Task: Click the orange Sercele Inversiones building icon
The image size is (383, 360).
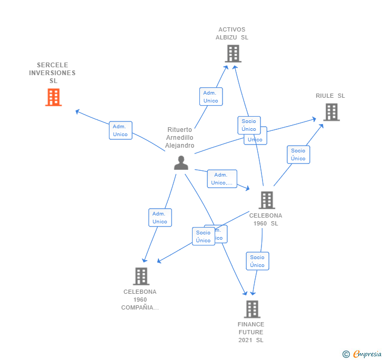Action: point(53,97)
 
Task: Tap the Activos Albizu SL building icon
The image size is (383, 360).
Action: point(233,54)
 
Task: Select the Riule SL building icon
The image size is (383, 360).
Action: point(331,112)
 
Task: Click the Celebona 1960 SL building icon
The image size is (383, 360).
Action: point(267,200)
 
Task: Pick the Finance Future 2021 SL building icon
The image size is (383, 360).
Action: point(252,309)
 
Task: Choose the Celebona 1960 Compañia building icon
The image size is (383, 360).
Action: point(141,276)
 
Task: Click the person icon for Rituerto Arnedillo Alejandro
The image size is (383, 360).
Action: point(181,163)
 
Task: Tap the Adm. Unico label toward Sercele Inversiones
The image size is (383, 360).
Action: point(120,130)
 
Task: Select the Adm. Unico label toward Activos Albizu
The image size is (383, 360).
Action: point(210,97)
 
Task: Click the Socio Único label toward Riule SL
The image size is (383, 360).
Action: point(298,155)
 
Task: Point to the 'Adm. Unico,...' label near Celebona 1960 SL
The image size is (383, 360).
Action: point(222,179)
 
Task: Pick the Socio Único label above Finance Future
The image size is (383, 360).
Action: point(257,261)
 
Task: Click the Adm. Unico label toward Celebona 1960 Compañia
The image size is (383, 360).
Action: point(160,218)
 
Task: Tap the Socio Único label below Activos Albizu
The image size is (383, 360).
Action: point(249,125)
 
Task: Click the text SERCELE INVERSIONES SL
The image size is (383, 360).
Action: point(53,73)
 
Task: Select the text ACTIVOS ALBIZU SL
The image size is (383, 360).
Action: point(231,34)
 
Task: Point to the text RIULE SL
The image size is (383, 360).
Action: point(330,96)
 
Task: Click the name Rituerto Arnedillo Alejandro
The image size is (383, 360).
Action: point(180,138)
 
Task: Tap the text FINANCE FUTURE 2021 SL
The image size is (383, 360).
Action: point(251,332)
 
